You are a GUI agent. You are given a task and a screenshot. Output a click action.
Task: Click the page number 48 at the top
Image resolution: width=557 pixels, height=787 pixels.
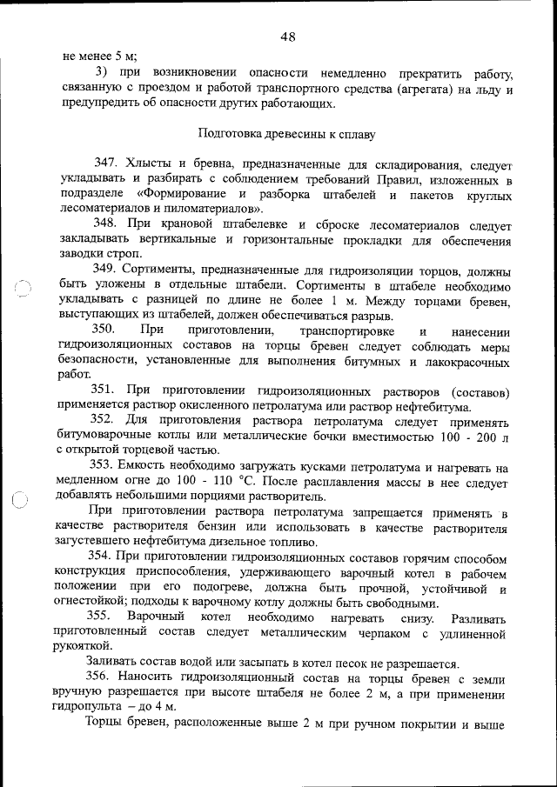(x=289, y=37)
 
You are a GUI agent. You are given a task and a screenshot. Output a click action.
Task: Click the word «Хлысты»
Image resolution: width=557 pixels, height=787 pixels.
(x=150, y=164)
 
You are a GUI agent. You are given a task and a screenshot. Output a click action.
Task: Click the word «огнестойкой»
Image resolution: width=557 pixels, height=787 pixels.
(x=93, y=604)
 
